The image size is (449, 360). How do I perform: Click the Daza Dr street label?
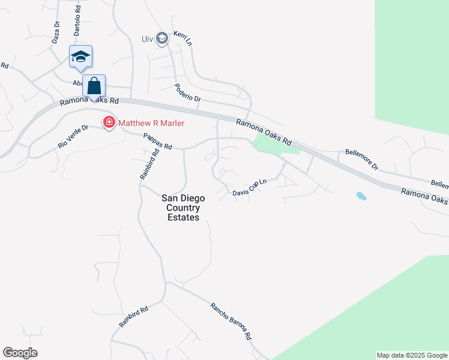(x=56, y=32)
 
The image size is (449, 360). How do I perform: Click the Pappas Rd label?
(x=158, y=142)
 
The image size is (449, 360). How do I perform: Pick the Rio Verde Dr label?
(x=73, y=136)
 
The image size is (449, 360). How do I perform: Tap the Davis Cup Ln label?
(x=250, y=188)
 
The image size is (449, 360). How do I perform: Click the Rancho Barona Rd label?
(x=231, y=322)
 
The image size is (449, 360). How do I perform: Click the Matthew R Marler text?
(x=151, y=123)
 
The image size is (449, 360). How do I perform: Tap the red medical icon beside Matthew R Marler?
(x=109, y=123)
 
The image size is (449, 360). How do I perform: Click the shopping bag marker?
(x=94, y=86)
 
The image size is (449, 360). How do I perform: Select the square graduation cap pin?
(x=80, y=57)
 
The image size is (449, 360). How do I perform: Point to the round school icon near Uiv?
(x=161, y=39)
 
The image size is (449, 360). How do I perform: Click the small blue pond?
(x=361, y=196)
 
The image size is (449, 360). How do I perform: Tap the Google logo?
(x=20, y=353)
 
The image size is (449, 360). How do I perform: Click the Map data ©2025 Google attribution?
(x=412, y=355)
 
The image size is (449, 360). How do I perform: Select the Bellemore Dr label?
(x=362, y=159)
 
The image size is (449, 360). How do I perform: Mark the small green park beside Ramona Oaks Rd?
(x=267, y=143)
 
